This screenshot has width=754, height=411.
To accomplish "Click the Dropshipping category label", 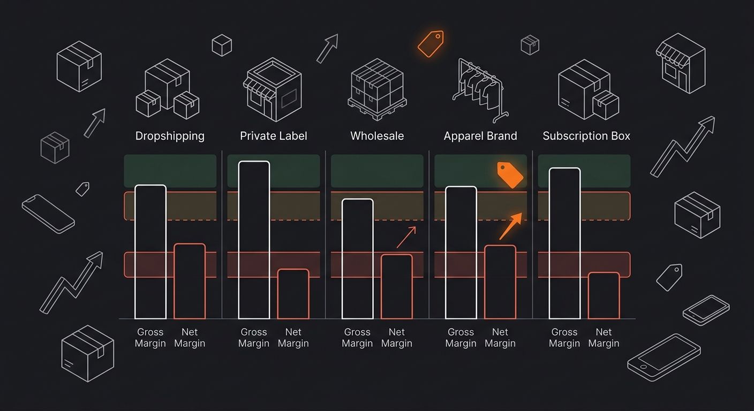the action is click(x=170, y=136).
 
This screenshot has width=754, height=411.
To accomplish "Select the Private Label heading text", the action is click(x=273, y=136).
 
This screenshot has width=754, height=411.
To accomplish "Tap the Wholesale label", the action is click(x=377, y=136).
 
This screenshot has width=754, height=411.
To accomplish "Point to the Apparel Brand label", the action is click(x=480, y=136).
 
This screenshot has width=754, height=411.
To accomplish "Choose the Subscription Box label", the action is click(x=586, y=136).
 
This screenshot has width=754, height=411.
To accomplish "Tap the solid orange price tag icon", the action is click(x=510, y=175).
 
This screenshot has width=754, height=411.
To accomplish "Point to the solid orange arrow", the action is click(x=511, y=226).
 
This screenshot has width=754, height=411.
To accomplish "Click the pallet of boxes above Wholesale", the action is click(x=377, y=89).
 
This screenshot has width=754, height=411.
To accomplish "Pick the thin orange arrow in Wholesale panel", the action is click(x=406, y=237).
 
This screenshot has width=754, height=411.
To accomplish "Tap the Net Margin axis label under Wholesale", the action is click(x=396, y=338).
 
